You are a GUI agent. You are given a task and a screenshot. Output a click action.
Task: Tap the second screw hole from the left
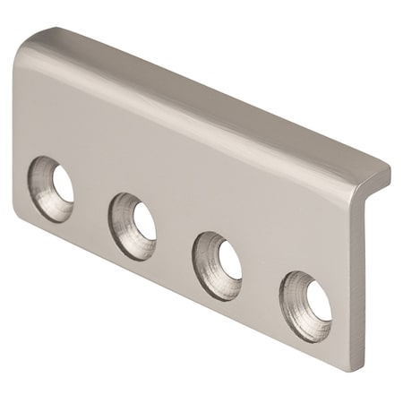(134, 216)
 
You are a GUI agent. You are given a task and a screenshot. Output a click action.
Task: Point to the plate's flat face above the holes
(179, 152)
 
